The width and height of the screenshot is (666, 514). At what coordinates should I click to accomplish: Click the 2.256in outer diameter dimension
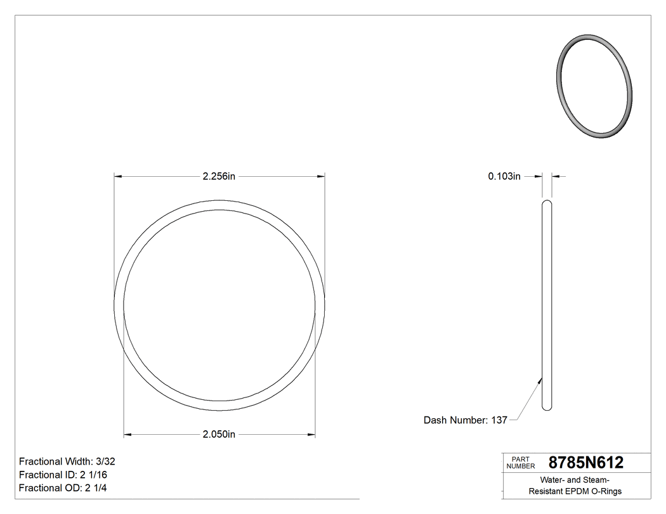(219, 177)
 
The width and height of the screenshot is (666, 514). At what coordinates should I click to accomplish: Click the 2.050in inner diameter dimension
(219, 434)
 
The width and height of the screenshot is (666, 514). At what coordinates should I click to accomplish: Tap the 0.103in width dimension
(504, 177)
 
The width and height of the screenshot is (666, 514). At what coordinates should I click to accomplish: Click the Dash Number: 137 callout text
(465, 420)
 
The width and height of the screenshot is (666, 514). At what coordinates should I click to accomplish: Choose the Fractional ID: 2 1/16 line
(58, 475)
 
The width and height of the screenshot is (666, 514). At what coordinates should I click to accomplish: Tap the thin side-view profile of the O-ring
(547, 304)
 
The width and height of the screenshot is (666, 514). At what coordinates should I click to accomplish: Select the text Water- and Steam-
(575, 480)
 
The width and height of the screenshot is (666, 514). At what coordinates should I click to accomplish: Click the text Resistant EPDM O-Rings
(575, 491)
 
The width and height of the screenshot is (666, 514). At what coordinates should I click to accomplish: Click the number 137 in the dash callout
(499, 420)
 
